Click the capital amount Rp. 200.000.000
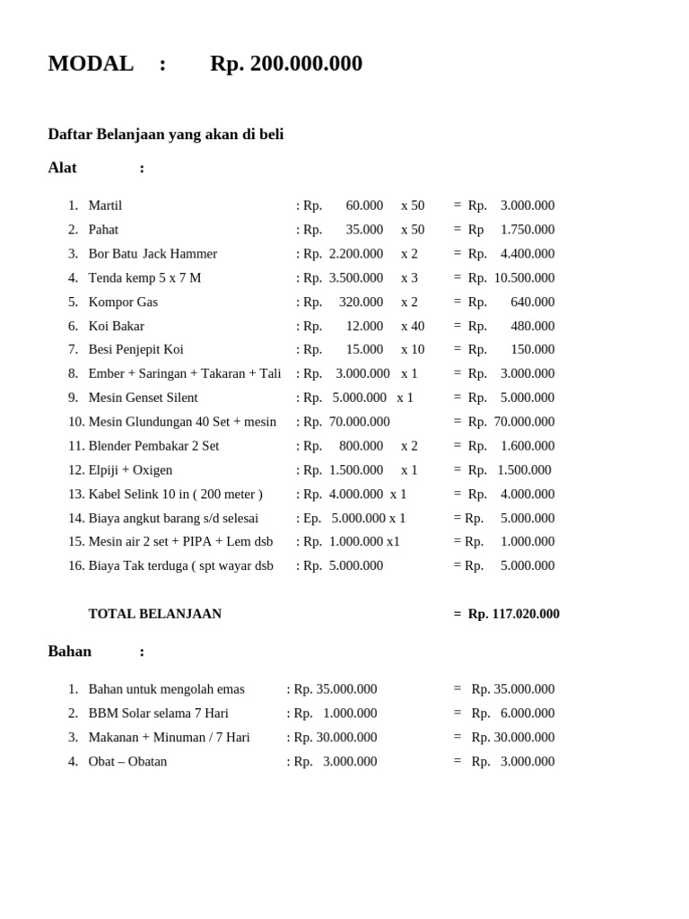coord(285,64)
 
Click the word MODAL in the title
coord(91,64)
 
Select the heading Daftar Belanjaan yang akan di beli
coord(166,135)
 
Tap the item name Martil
coord(105,206)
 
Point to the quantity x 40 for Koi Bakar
coord(413,326)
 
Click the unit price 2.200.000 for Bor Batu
coord(356,254)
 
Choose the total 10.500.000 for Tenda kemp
coord(524,278)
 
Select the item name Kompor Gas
coord(123,302)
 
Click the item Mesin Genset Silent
coord(143,398)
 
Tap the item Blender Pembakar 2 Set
coord(153,446)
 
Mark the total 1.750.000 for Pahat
coord(528,230)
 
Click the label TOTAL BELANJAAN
coord(154,614)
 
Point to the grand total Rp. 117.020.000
coord(514,614)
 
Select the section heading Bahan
coord(70,652)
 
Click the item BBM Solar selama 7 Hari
coord(158,713)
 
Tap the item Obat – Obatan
coord(127,762)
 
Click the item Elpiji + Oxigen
coord(130,470)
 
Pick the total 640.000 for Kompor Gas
coord(533,302)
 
